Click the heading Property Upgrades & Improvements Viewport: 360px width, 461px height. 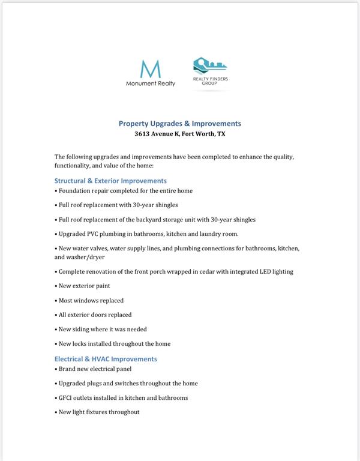tap(179, 124)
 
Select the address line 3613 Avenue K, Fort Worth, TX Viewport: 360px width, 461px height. tap(179, 134)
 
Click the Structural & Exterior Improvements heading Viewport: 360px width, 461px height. tap(110, 181)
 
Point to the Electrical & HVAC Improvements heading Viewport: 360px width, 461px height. tap(106, 359)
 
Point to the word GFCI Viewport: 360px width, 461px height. tap(67, 397)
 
